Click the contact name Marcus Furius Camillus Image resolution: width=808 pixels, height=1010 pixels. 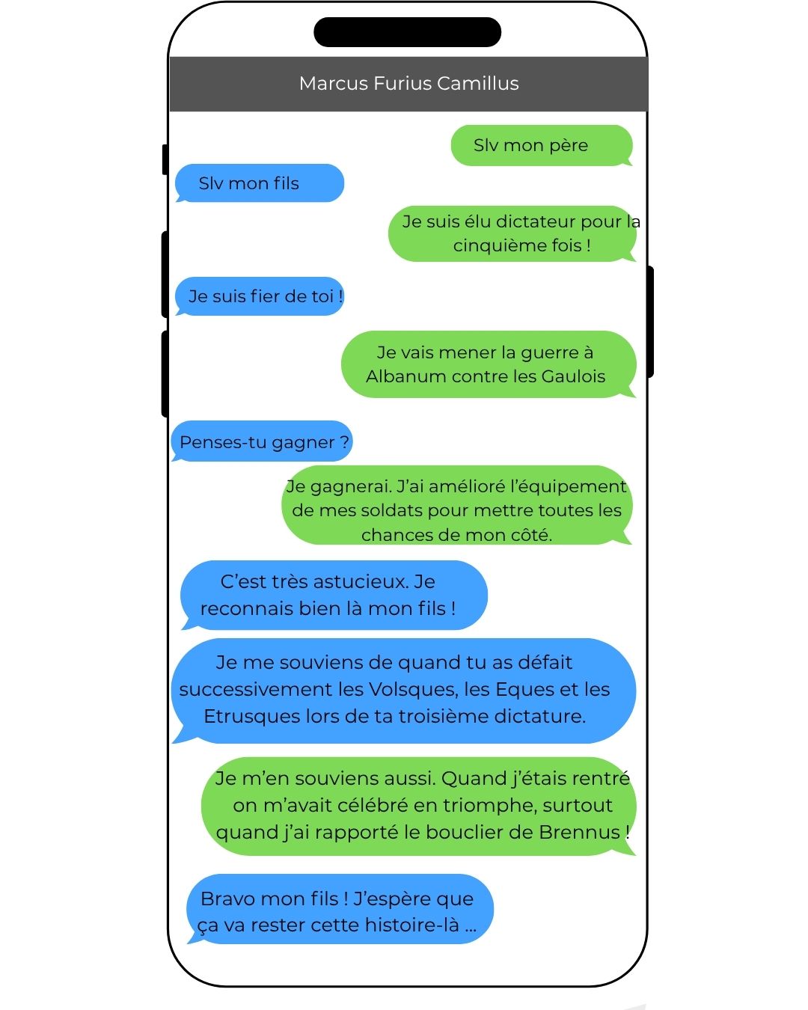click(408, 84)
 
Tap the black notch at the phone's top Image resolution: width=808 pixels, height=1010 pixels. click(407, 32)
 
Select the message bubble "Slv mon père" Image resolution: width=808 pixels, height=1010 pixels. click(542, 145)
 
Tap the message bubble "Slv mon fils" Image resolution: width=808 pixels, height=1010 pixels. click(259, 183)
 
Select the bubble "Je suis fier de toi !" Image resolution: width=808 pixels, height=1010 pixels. click(259, 296)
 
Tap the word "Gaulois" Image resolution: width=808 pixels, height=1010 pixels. click(573, 376)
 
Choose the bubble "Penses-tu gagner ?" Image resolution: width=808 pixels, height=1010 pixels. click(262, 441)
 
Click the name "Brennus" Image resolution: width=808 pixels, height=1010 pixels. click(579, 832)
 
